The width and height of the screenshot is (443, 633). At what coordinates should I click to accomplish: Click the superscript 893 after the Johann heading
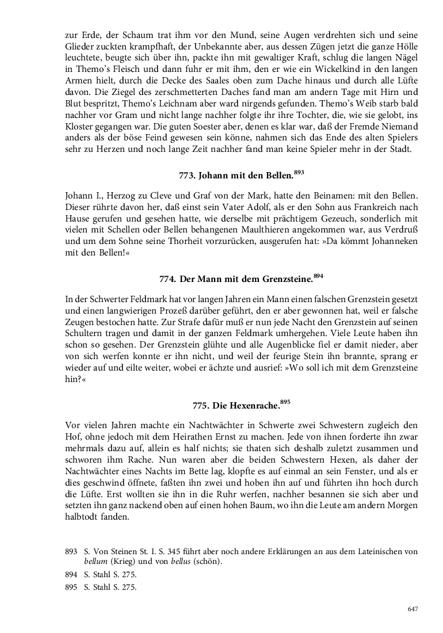[x=298, y=171]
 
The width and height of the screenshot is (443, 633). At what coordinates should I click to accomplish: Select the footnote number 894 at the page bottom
[x=71, y=574]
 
